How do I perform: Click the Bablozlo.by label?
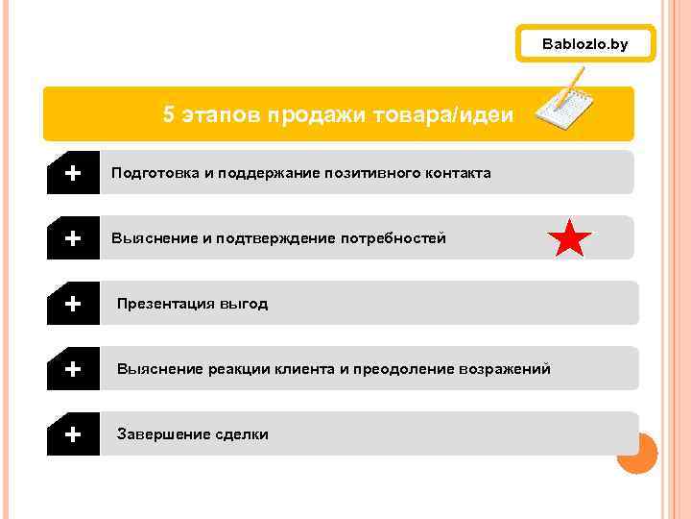pyautogui.click(x=584, y=44)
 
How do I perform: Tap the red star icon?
pyautogui.click(x=570, y=238)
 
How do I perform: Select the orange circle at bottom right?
pyautogui.click(x=636, y=454)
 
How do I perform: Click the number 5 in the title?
pyautogui.click(x=169, y=115)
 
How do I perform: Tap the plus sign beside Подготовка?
pyautogui.click(x=72, y=173)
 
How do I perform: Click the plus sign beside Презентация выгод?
pyautogui.click(x=72, y=304)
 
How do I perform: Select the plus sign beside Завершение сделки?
pyautogui.click(x=72, y=434)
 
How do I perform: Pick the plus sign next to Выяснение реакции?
pyautogui.click(x=72, y=369)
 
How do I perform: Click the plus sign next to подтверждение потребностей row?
pyautogui.click(x=72, y=238)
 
